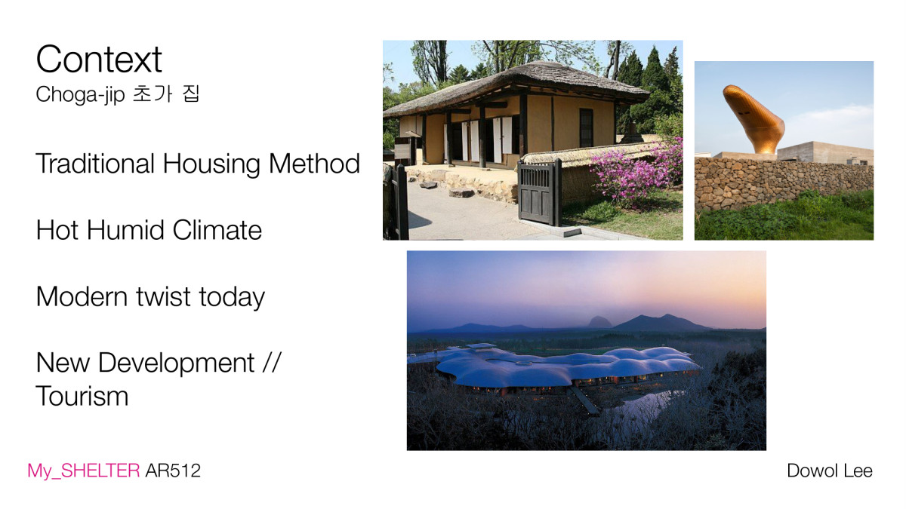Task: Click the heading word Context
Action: (x=99, y=60)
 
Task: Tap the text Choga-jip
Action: (x=80, y=95)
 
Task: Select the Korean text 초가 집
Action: (x=166, y=94)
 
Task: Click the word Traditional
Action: (x=95, y=164)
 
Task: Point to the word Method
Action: (x=314, y=164)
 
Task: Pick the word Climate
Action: (x=217, y=230)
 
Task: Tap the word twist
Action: (x=163, y=296)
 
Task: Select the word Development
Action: (x=177, y=363)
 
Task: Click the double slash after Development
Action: (x=271, y=362)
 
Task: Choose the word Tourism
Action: (x=82, y=397)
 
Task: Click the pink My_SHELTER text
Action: (x=84, y=471)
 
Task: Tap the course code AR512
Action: (x=173, y=471)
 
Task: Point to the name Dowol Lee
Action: (x=830, y=471)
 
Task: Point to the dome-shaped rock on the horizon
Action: (x=600, y=322)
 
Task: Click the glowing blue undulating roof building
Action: (x=566, y=366)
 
